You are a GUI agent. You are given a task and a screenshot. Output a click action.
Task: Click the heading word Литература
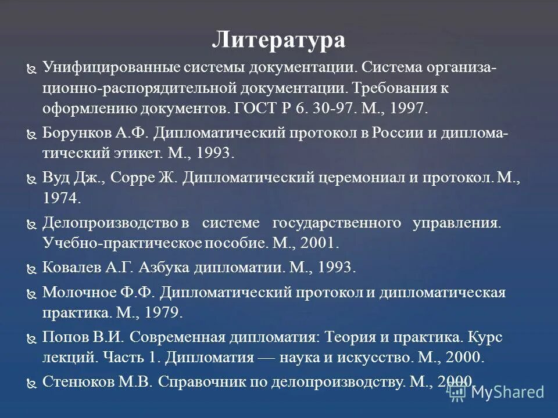click(x=278, y=41)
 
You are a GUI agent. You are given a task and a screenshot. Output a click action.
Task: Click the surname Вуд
click(x=57, y=178)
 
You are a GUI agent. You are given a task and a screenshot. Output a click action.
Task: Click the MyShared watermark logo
click(x=498, y=392)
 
